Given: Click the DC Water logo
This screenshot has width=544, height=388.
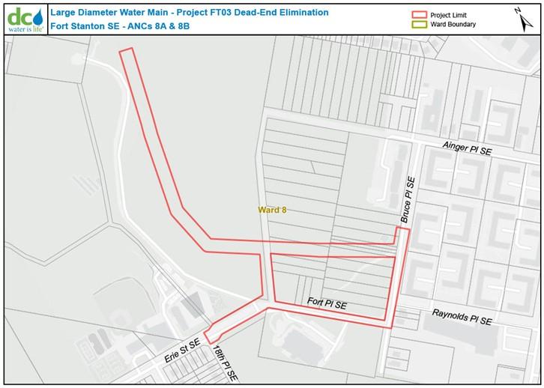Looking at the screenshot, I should click(x=23, y=16).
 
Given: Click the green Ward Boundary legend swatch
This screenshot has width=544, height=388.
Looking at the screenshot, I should click(x=418, y=25).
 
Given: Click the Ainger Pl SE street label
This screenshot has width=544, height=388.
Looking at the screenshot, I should click(x=467, y=149).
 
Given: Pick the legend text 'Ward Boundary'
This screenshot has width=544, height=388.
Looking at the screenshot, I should click(x=453, y=25).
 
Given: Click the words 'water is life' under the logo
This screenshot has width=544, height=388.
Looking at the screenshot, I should click(x=25, y=29).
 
